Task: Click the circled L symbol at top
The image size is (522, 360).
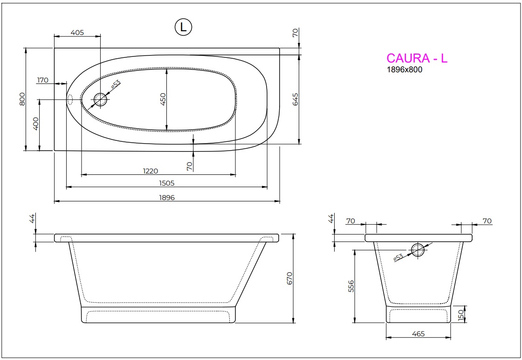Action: (183, 27)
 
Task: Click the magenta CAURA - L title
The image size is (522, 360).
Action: (417, 58)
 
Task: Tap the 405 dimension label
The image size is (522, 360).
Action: (77, 32)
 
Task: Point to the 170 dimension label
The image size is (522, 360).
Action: (42, 80)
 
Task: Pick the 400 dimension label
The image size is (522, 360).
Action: (36, 125)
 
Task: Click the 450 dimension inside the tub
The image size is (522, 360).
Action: (163, 99)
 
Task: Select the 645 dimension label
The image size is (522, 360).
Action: (295, 99)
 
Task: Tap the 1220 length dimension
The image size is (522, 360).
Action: (158, 171)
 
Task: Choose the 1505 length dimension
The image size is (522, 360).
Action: (166, 184)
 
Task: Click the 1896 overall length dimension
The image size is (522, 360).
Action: (167, 198)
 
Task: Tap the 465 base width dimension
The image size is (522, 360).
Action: (418, 334)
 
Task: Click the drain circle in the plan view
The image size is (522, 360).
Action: (100, 99)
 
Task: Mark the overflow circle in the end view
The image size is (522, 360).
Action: (418, 250)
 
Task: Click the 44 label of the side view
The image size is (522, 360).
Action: (33, 219)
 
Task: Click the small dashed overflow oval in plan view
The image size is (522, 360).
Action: (71, 99)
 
